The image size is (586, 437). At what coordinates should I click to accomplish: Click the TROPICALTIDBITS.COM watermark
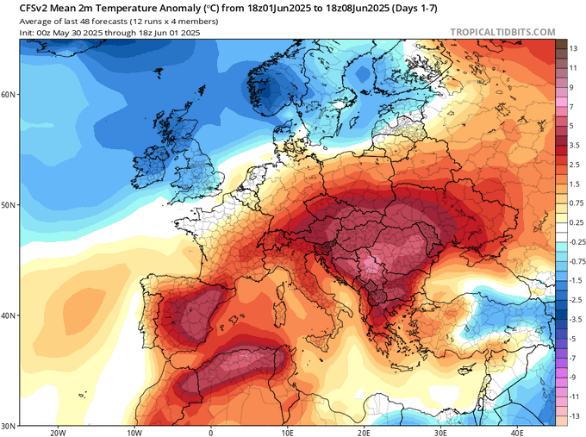click(x=503, y=32)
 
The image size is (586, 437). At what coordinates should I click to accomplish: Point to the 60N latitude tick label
click(x=9, y=94)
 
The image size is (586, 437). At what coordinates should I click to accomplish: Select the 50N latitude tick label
click(x=9, y=205)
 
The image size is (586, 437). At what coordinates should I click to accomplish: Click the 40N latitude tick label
click(x=9, y=315)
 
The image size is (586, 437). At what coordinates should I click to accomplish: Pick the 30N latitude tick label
click(x=9, y=426)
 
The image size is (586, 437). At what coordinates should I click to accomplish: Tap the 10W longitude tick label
click(x=134, y=433)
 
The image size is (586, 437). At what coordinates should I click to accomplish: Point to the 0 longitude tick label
click(x=211, y=433)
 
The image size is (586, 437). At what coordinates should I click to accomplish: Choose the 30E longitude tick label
click(x=440, y=433)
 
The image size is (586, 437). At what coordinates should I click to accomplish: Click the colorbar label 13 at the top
click(x=573, y=49)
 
